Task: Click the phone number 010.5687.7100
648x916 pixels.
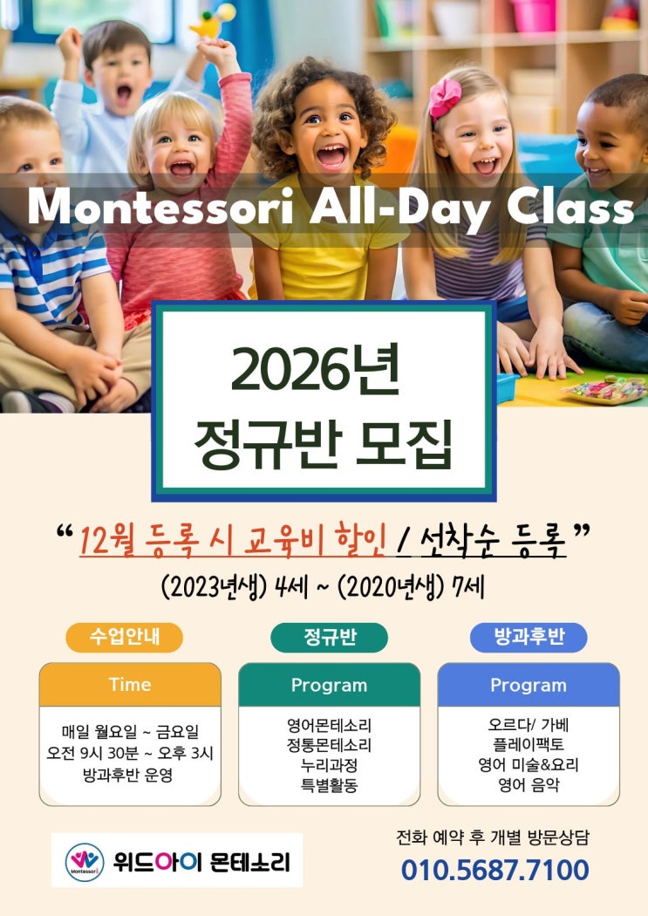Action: point(495,870)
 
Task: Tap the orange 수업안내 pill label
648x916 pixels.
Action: point(125,637)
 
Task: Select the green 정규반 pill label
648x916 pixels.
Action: point(330,637)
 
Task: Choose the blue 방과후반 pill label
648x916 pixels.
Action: point(529,637)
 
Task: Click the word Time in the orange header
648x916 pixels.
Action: point(130,685)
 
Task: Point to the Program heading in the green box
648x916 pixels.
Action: point(330,685)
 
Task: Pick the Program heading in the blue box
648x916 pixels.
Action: point(529,685)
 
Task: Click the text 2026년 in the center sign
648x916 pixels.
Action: point(316,371)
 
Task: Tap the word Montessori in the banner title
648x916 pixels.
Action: point(160,207)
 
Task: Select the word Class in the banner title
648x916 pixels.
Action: point(570,207)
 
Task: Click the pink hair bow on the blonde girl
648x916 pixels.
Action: point(445,97)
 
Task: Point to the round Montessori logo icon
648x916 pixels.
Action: point(85,862)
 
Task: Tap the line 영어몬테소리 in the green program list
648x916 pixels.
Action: point(330,726)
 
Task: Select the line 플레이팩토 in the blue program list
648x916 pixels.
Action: point(529,745)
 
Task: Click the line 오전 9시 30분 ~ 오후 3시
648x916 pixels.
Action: point(130,753)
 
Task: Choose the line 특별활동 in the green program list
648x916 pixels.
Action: point(330,785)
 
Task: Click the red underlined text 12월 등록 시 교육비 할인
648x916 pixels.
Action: point(232,540)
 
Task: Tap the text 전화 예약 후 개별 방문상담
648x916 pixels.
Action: point(493,837)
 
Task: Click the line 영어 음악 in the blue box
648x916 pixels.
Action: point(529,784)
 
